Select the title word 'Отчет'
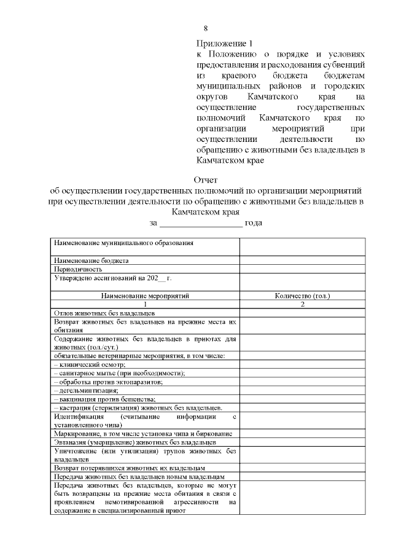(x=206, y=180)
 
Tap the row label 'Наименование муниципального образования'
(x=124, y=243)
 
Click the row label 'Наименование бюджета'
(x=91, y=260)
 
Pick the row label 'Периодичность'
(x=77, y=269)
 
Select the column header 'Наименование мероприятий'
(x=145, y=296)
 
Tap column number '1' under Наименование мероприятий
(x=145, y=304)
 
